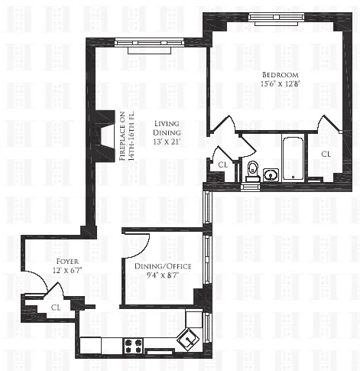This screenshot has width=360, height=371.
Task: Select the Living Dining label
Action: [x=167, y=129]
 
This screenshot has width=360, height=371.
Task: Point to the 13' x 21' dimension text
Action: [x=167, y=142]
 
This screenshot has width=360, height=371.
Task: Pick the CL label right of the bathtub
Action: [x=326, y=154]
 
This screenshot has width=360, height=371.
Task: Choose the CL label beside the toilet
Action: [x=223, y=164]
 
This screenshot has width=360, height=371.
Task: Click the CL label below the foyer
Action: [x=56, y=307]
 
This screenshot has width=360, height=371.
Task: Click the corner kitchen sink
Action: [x=186, y=335]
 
